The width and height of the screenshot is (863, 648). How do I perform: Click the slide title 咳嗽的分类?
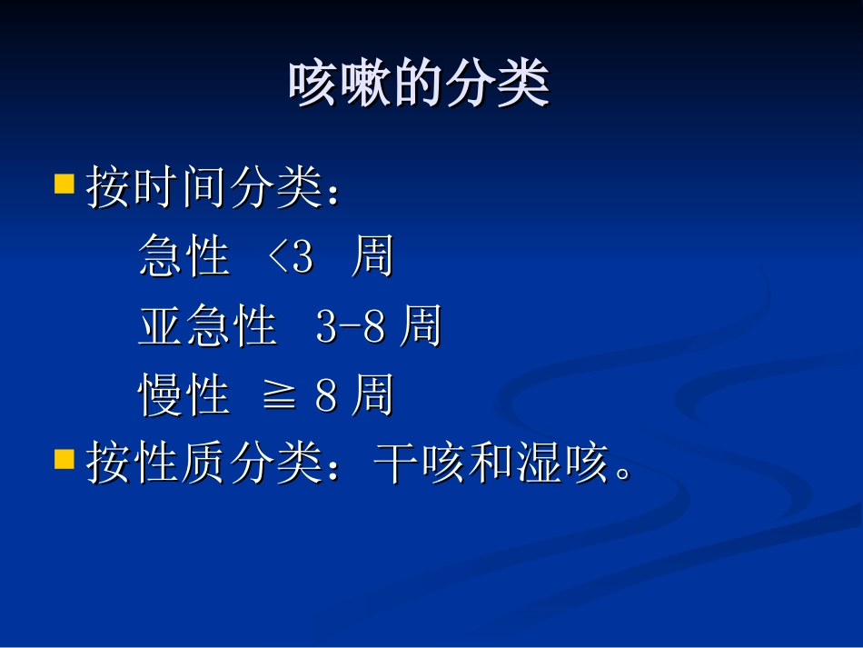pyautogui.click(x=419, y=85)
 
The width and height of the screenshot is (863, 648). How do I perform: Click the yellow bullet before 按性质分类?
pyautogui.click(x=64, y=458)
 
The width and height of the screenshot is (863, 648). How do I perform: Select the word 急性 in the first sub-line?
pyautogui.click(x=184, y=257)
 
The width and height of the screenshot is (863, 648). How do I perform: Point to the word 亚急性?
pyautogui.click(x=207, y=326)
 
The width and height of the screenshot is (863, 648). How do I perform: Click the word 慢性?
pyautogui.click(x=184, y=395)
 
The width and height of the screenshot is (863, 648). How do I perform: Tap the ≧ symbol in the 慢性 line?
pyautogui.click(x=279, y=397)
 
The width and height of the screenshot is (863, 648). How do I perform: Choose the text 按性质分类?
pyautogui.click(x=204, y=464)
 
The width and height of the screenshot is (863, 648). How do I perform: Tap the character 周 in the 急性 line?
pyautogui.click(x=372, y=257)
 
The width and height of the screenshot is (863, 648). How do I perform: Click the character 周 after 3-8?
pyautogui.click(x=420, y=326)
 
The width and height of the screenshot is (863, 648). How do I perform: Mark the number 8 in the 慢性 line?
pyautogui.click(x=327, y=396)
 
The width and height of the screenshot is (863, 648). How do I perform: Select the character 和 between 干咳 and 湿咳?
pyautogui.click(x=491, y=464)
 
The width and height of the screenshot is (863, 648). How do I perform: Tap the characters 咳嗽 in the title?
pyautogui.click(x=333, y=85)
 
